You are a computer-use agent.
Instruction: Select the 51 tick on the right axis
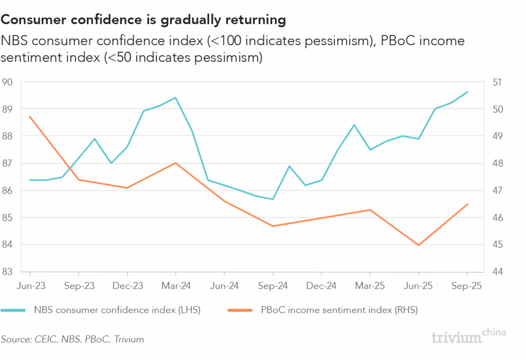point(498,82)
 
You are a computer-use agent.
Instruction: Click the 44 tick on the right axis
point(498,272)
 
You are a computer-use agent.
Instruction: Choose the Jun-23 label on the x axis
point(30,286)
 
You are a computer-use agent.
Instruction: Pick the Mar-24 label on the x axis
point(176,286)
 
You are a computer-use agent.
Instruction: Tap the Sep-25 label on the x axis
point(467,286)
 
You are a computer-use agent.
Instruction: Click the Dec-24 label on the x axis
point(322,286)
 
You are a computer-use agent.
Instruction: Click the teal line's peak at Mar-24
point(176,98)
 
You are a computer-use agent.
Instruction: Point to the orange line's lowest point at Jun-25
point(419,245)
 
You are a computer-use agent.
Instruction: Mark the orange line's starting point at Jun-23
point(30,117)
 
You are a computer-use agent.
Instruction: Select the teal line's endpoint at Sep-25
point(467,92)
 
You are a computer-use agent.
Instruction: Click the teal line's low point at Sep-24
point(273,199)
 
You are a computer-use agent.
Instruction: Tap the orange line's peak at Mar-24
point(176,163)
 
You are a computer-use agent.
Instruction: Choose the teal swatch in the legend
point(14,310)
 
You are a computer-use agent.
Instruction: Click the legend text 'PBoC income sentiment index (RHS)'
point(340,310)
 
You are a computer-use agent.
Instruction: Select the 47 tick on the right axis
point(498,191)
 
